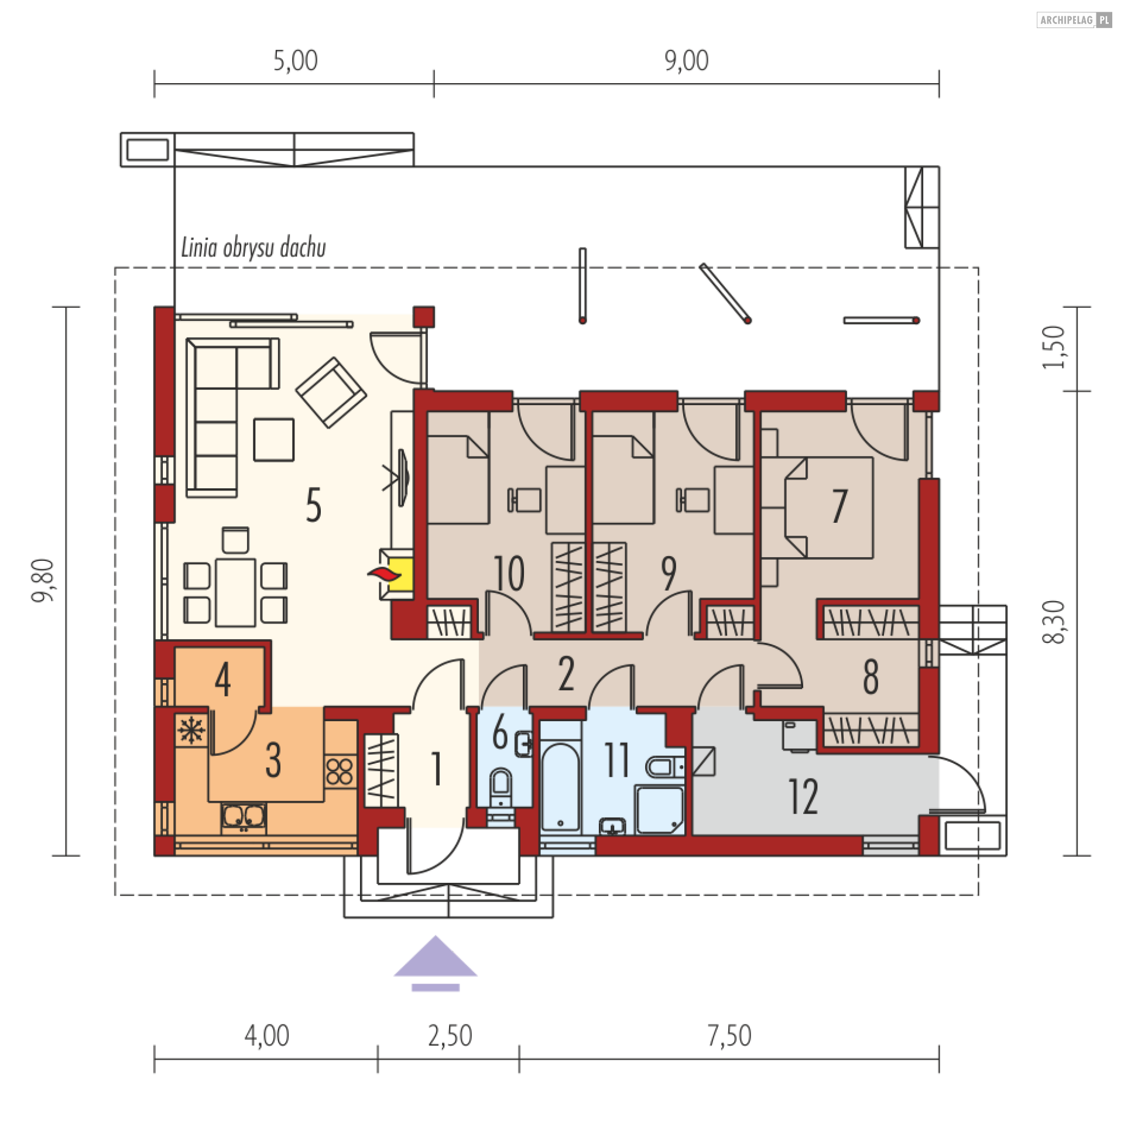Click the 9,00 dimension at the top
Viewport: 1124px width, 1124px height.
(686, 61)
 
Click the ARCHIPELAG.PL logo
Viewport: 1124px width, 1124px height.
(1074, 20)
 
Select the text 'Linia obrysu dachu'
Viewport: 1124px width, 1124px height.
(253, 248)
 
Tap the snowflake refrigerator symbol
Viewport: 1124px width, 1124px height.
(191, 731)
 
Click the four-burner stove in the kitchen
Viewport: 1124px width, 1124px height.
(340, 771)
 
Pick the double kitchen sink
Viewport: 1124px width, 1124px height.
(244, 817)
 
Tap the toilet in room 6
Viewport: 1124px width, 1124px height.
(500, 791)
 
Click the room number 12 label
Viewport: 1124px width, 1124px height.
(803, 797)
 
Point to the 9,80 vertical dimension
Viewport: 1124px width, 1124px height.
(43, 580)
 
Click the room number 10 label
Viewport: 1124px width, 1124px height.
(509, 574)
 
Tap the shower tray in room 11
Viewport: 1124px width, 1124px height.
(660, 810)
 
